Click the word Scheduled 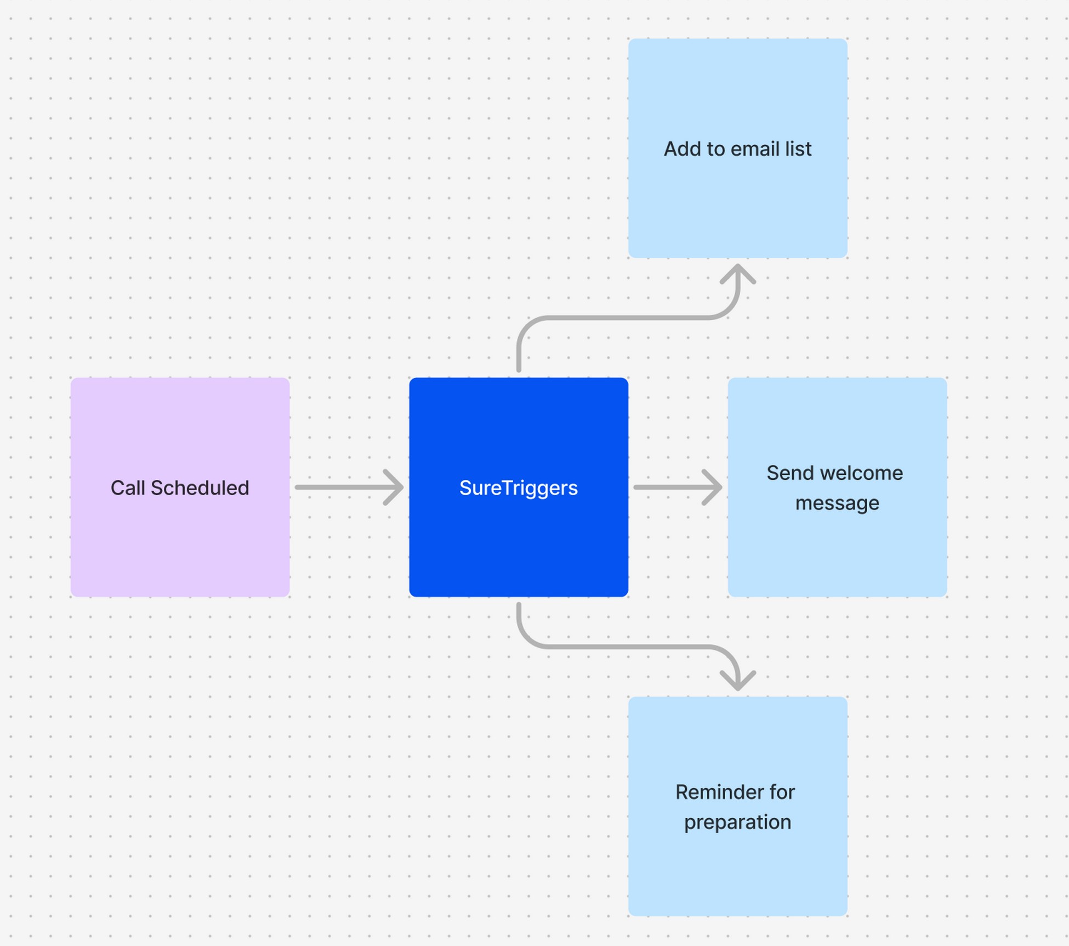(200, 488)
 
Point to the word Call (127, 488)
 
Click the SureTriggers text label (518, 488)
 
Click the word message (837, 503)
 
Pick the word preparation (737, 822)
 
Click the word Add (680, 149)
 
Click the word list (798, 149)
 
